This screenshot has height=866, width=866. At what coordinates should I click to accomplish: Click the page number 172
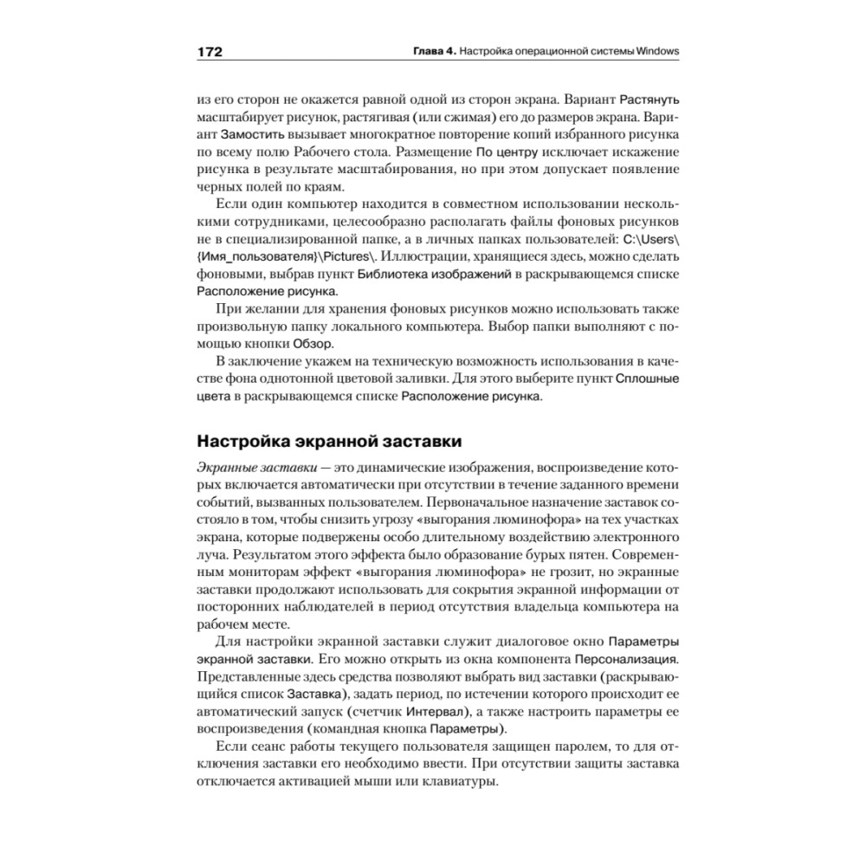(x=210, y=51)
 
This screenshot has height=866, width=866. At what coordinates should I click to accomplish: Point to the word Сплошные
(x=647, y=379)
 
